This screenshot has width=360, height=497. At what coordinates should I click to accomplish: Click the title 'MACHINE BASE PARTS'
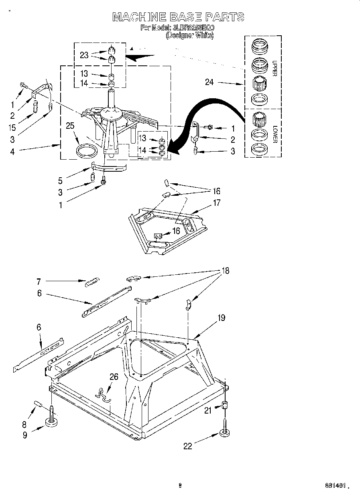pyautogui.click(x=178, y=17)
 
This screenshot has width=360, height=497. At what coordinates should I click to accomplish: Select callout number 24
pyautogui.click(x=209, y=83)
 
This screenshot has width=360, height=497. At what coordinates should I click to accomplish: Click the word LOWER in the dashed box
pyautogui.click(x=275, y=134)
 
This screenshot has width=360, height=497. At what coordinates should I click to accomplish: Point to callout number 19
pyautogui.click(x=221, y=318)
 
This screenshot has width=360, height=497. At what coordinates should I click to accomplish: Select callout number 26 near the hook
pyautogui.click(x=114, y=376)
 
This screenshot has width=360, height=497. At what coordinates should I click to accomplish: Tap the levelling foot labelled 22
pyautogui.click(x=225, y=432)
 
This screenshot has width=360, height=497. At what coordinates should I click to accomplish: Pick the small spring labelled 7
pyautogui.click(x=92, y=282)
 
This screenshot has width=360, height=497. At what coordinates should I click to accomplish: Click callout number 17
pyautogui.click(x=216, y=203)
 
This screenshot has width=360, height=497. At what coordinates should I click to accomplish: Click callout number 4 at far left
pyautogui.click(x=12, y=152)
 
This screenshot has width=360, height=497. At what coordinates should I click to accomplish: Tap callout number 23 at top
pyautogui.click(x=84, y=55)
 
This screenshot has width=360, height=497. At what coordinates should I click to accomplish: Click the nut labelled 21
pyautogui.click(x=225, y=406)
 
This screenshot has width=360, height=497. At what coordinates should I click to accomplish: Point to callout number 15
pyautogui.click(x=12, y=127)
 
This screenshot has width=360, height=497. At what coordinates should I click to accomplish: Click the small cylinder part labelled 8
pyautogui.click(x=38, y=403)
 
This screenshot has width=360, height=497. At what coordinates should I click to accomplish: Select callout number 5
pyautogui.click(x=60, y=181)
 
